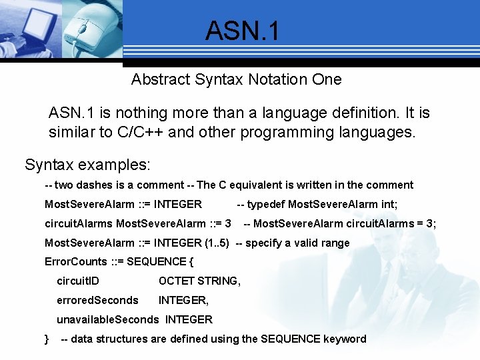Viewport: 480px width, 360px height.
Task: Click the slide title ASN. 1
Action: (x=243, y=31)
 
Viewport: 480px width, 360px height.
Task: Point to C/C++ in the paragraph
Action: (x=141, y=131)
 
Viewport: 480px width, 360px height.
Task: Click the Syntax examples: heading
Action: (x=87, y=164)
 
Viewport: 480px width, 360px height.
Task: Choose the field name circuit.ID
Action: (x=78, y=281)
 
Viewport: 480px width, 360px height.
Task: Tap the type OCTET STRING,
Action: (x=199, y=281)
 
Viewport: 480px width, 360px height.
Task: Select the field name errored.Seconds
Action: (x=97, y=300)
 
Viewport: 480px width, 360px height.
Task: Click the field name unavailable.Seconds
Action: (x=108, y=319)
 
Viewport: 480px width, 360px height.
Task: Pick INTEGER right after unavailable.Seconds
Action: (x=189, y=319)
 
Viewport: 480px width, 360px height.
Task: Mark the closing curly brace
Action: (x=47, y=339)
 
